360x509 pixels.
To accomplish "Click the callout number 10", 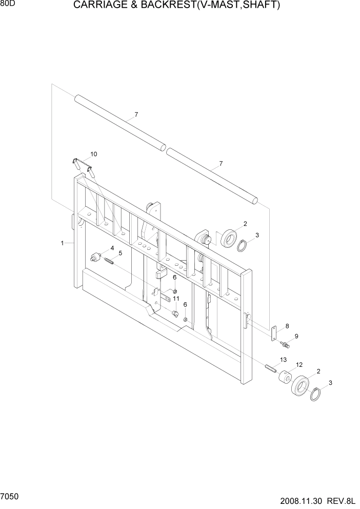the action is tap(93, 154).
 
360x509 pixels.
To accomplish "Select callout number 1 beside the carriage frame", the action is tap(62, 243).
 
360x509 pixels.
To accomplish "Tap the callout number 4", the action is tap(112, 248).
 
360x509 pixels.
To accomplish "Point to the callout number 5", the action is tap(121, 253).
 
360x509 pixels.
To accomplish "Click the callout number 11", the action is tap(175, 298).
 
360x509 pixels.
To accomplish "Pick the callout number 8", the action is tap(287, 326).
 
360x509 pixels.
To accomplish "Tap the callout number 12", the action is tap(299, 365).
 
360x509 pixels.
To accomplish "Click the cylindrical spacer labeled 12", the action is tap(284, 379).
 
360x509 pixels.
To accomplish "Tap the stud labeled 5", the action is tap(109, 261).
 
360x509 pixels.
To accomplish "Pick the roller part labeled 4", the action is tap(95, 257).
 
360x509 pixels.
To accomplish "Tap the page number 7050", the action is tap(10, 497).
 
